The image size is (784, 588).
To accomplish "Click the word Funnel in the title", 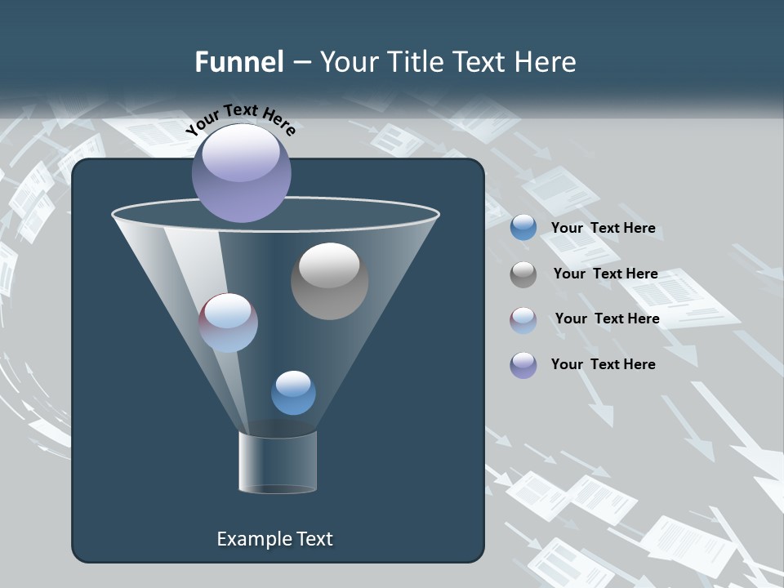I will coord(239,62).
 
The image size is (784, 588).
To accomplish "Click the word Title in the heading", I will coord(415,62).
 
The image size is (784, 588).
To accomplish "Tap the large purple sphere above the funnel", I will coord(241,172).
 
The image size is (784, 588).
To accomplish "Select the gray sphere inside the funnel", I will coord(329,281).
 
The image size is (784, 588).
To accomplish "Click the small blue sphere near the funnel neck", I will coord(293,393).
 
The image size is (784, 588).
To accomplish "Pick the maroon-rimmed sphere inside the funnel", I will coord(228,323).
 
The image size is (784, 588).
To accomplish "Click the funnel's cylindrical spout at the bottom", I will coord(278,462).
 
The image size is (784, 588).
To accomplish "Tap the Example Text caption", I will coord(274,539).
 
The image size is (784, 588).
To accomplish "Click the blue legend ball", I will coord(523,228).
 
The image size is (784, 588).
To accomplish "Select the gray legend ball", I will coord(523,274).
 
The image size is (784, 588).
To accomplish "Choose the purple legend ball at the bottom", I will coord(523,365).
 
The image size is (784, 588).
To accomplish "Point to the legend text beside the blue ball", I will coord(603,229).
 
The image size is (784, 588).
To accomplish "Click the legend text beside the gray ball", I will coord(605,274).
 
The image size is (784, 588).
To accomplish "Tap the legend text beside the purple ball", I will coord(603,364).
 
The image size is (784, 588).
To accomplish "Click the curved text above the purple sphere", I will coord(240,118).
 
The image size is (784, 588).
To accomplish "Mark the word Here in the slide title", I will coord(541,62).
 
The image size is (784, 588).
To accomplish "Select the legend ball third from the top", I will coord(523,320).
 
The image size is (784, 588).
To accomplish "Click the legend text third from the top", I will coord(607,319).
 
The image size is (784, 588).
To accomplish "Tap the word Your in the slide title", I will coord(349,62).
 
